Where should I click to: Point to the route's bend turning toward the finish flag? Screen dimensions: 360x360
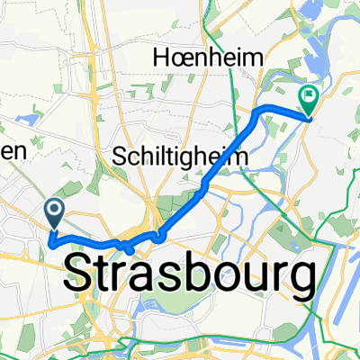tap(263, 109)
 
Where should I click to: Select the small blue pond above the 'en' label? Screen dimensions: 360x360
tap(33, 118)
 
